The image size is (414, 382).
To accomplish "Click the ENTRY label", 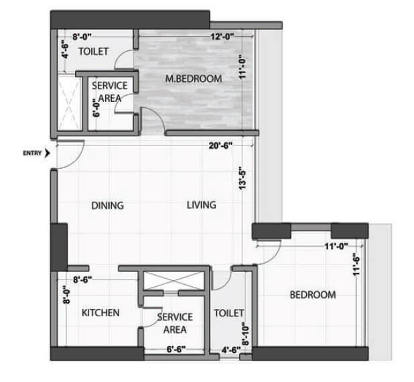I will tap(31, 153).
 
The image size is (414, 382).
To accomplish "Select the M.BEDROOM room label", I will tap(194, 79).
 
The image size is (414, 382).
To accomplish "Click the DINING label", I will tap(107, 206).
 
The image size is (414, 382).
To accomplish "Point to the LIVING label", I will tap(201, 205).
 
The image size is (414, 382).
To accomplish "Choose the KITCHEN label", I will tap(100, 313).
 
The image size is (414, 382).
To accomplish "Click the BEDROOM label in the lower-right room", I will tap(312, 295).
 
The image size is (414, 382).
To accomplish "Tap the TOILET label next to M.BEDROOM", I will tap(94, 51).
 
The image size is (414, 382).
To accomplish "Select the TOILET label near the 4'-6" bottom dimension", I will tap(228, 313).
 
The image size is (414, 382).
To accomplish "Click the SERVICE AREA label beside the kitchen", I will tap(175, 323).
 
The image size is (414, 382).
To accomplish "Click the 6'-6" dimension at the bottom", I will tap(176, 349).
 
